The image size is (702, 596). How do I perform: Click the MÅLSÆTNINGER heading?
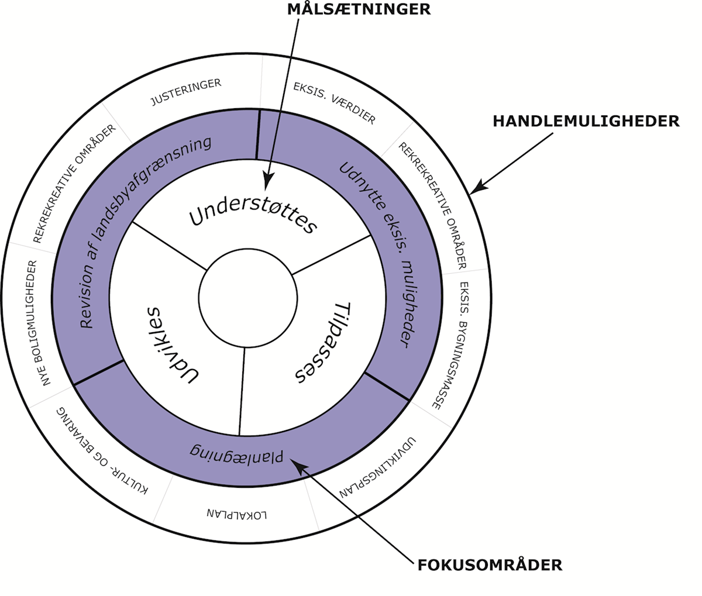pos(359,10)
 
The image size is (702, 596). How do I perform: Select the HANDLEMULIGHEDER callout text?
pos(586,121)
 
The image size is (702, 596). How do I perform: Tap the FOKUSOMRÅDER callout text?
pos(490,565)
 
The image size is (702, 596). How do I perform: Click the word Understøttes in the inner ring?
pos(253,216)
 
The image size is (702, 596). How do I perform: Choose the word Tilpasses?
pos(325,342)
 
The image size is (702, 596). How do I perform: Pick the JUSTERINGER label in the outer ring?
pos(185,92)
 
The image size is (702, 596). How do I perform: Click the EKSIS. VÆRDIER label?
pos(334,103)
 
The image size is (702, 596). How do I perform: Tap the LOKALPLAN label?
pos(237,515)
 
